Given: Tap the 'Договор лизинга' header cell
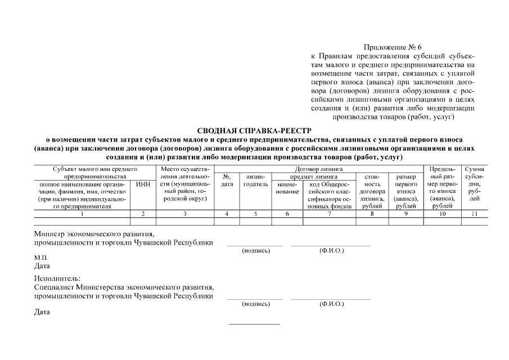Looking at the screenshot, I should [318, 168].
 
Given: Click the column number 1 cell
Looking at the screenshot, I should [82, 214].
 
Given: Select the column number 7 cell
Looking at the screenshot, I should [329, 214].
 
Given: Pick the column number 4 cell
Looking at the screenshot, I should [227, 214].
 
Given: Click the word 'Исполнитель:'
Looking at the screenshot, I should [57, 278].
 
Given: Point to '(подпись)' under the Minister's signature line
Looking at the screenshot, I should [255, 250].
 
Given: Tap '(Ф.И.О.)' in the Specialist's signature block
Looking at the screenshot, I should [331, 304].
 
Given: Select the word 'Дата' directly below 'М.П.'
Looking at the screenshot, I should [42, 265].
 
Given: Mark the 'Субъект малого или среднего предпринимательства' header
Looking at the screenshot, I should [95, 172].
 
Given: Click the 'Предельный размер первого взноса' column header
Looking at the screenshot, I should [442, 187].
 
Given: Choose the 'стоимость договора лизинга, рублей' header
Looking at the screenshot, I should [372, 191].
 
